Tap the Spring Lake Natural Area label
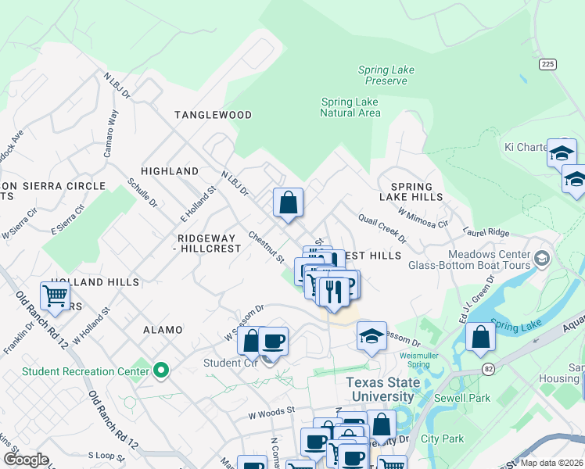[x=350, y=107]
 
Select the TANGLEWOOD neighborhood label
[x=213, y=115]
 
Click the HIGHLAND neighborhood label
[x=169, y=171]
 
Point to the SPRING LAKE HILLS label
[x=411, y=192]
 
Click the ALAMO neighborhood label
[x=163, y=331]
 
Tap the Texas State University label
[x=383, y=389]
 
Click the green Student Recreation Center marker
[x=162, y=370]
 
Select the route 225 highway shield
[x=547, y=64]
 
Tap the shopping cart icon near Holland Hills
[x=55, y=297]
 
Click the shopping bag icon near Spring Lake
[x=480, y=338]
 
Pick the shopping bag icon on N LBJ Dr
[x=288, y=202]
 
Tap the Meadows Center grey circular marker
[x=540, y=257]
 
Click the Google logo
[x=27, y=459]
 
